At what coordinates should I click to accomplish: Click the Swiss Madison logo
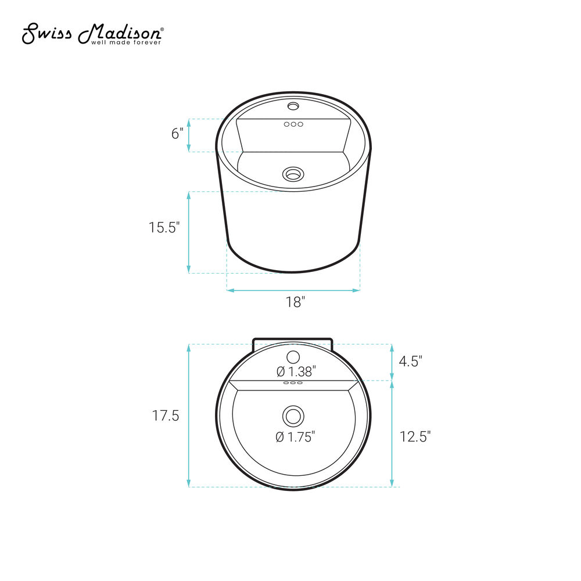tap(92, 34)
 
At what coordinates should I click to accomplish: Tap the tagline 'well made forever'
tap(126, 42)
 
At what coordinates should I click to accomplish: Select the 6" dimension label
tap(177, 134)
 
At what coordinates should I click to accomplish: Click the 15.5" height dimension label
tap(164, 227)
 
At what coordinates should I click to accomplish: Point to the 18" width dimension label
tap(295, 302)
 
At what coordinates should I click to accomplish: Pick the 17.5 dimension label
tap(166, 416)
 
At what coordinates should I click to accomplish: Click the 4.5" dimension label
tap(411, 361)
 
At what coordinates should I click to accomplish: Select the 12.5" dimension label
tap(415, 436)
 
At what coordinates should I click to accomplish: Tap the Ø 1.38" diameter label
tap(296, 371)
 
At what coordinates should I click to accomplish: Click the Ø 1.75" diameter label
tap(295, 437)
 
